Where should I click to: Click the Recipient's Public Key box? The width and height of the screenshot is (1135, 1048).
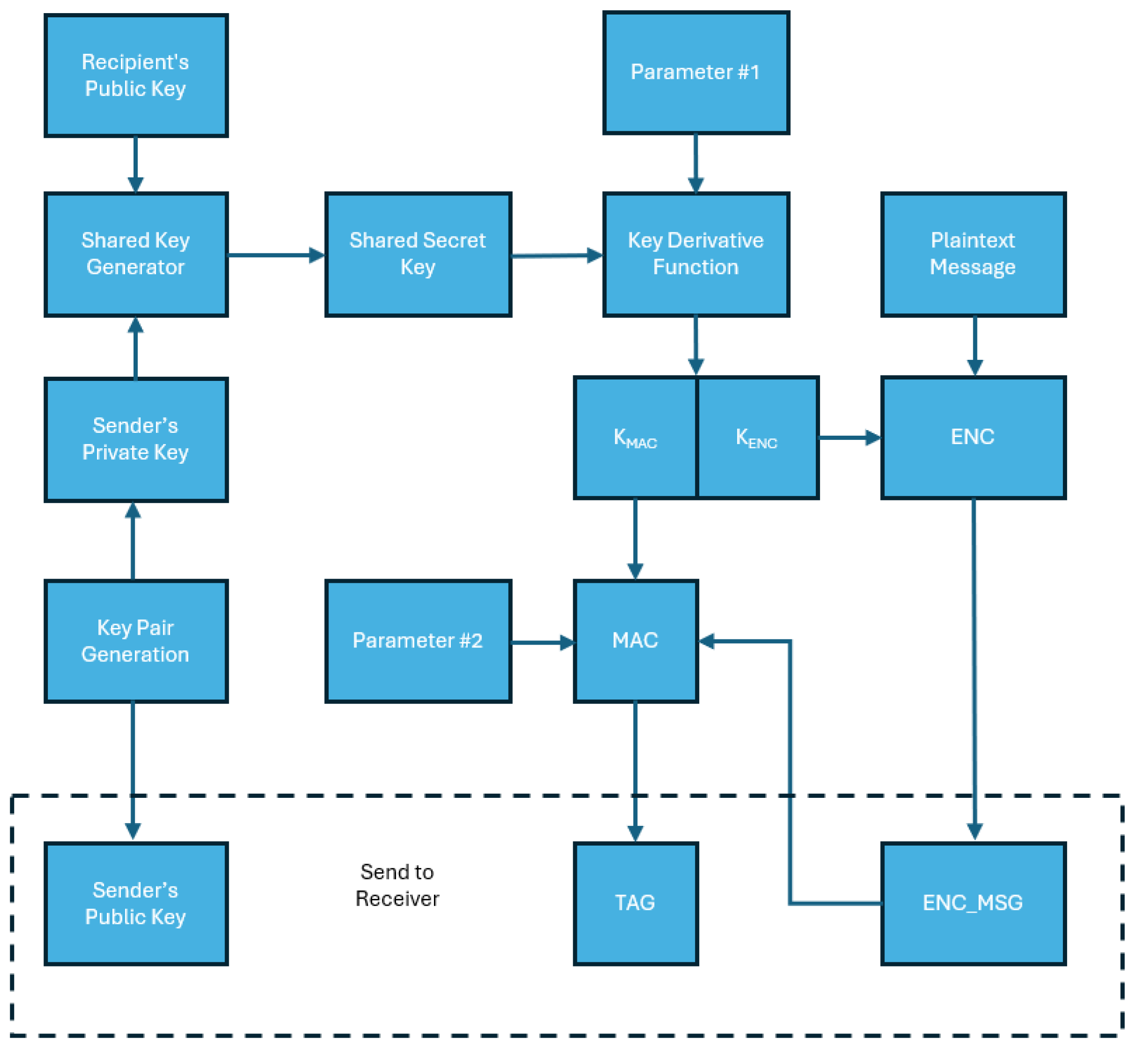coord(135,75)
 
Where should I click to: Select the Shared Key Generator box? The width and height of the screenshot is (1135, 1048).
coord(135,254)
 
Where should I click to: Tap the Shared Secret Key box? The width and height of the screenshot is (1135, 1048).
coord(418,254)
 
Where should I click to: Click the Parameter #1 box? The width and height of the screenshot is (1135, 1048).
coord(695,73)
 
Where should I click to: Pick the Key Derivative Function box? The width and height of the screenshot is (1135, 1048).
coord(695,254)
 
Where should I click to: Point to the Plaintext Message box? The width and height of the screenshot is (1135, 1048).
coord(973,254)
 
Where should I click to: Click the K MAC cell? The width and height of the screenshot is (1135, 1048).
coord(635,438)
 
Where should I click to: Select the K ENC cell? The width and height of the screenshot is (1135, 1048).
coord(757,438)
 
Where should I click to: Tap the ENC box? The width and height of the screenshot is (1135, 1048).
coord(973,438)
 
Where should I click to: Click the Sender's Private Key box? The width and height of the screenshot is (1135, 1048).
coord(135,439)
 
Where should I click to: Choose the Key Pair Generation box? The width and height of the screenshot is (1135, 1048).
coord(135,641)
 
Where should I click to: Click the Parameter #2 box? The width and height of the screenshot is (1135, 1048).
coord(418,641)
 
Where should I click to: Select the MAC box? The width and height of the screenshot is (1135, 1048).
coord(635,641)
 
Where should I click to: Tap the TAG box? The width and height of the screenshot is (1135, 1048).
coord(635,903)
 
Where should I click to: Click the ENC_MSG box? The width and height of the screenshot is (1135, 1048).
coord(973,903)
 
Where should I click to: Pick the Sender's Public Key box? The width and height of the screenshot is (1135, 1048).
coord(135,903)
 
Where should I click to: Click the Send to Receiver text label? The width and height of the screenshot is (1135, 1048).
coord(397,886)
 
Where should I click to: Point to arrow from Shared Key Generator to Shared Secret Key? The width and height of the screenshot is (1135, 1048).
coord(276,255)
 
